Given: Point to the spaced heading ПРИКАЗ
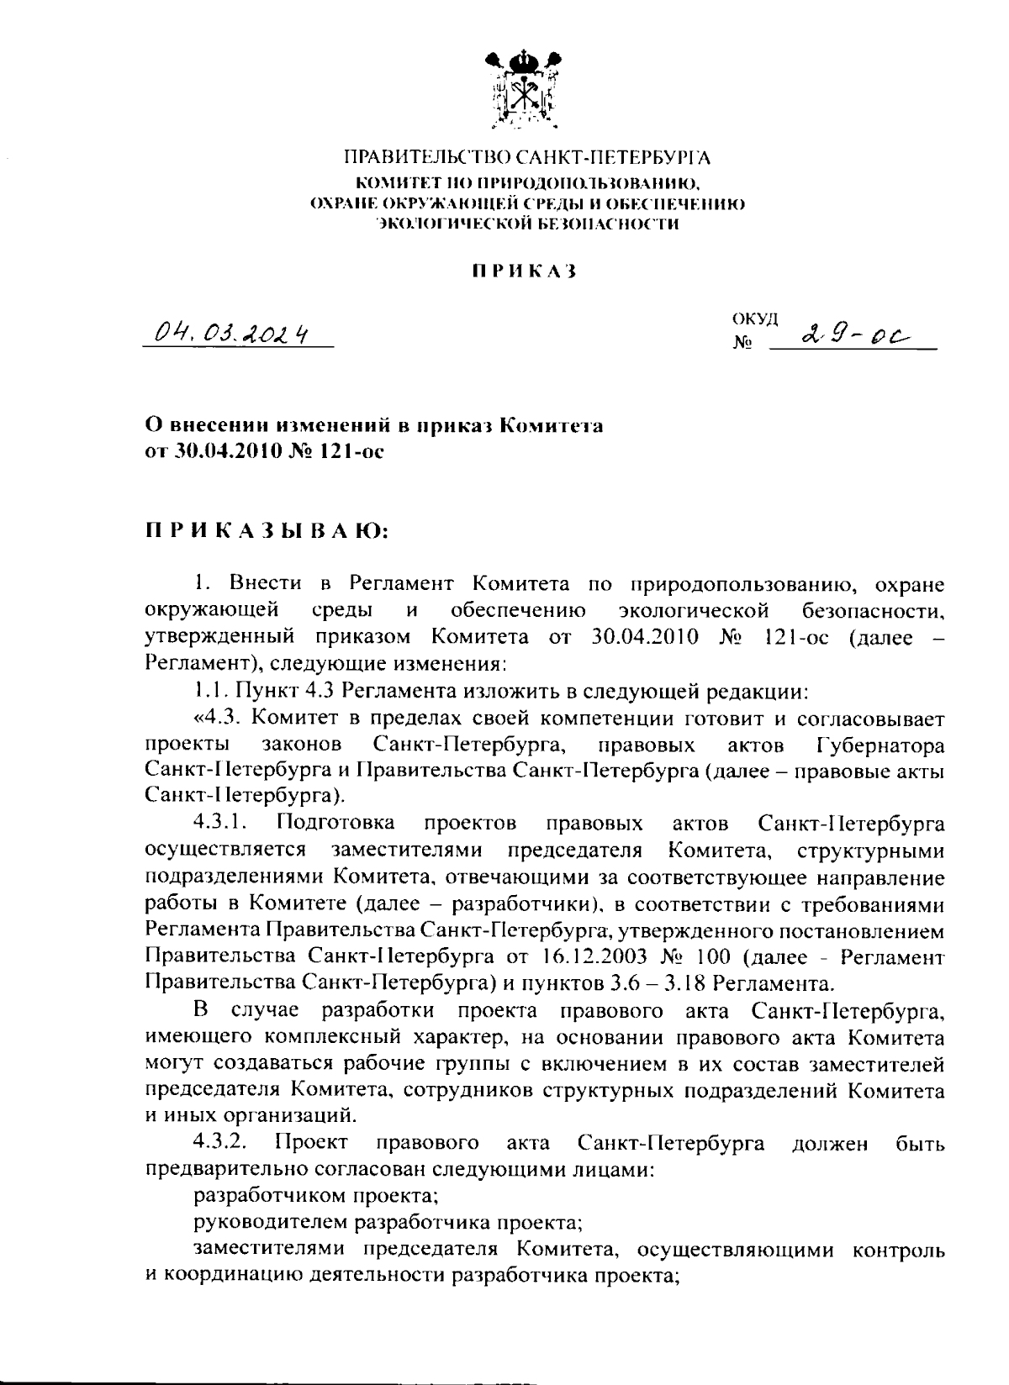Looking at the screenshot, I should point(523,271).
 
